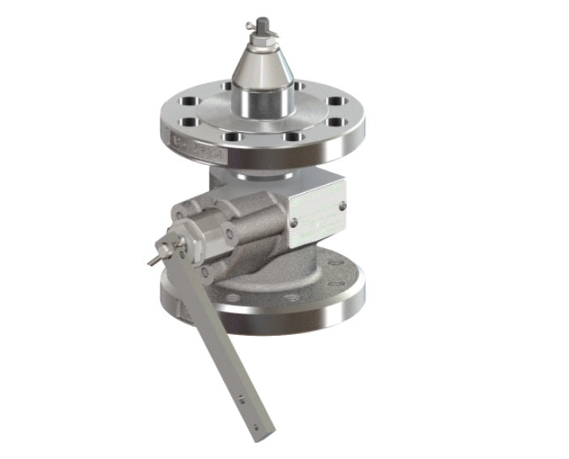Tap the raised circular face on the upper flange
[x=261, y=120]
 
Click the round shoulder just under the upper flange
[x=261, y=167]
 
